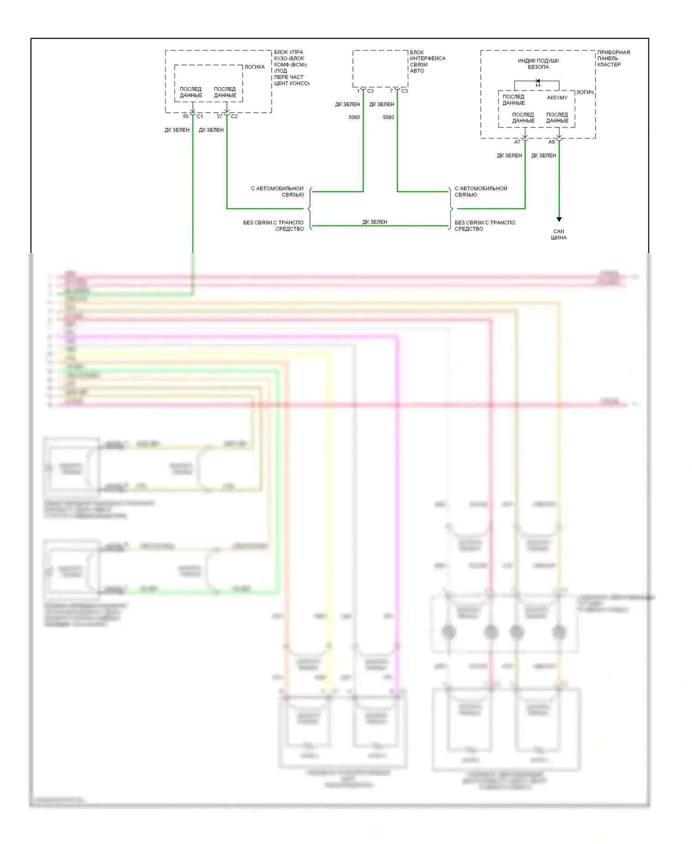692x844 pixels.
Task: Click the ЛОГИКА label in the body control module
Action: [254, 67]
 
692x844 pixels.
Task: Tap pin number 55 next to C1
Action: [185, 116]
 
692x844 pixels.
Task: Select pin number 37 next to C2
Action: [220, 116]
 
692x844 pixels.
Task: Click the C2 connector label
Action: [234, 116]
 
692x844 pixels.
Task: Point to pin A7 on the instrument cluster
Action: [517, 142]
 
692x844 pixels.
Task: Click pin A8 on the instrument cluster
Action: [551, 142]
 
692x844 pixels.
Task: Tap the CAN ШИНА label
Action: [559, 235]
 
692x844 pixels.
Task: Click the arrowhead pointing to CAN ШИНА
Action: [559, 219]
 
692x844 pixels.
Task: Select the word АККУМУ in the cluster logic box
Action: [557, 98]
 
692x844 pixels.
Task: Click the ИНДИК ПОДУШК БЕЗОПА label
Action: [538, 64]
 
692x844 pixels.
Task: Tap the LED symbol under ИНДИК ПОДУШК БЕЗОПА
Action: [537, 82]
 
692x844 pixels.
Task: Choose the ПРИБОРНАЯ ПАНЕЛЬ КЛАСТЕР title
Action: [613, 59]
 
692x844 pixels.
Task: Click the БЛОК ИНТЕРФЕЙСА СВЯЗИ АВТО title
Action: [427, 61]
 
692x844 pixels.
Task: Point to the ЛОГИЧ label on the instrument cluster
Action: [585, 92]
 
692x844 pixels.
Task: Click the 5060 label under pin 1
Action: [354, 117]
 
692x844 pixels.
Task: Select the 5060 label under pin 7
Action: [388, 117]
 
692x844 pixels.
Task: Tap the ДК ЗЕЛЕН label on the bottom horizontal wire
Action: [375, 222]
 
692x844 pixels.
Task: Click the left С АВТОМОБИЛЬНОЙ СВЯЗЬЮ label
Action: [277, 192]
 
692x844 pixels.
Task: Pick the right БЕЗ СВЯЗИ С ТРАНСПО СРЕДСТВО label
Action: [484, 226]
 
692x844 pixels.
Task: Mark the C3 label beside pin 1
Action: [370, 91]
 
